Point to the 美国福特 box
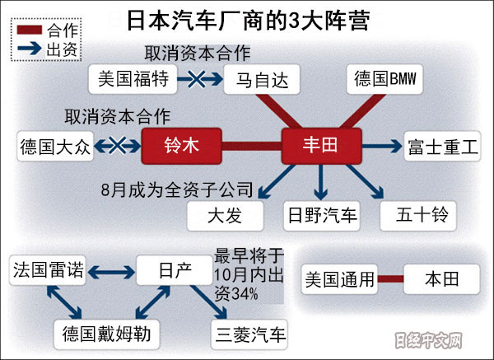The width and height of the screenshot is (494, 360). (x=131, y=80)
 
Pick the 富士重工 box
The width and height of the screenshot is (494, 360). (x=442, y=147)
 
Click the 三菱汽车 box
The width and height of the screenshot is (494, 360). (x=249, y=334)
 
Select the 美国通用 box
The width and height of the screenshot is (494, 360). (x=338, y=279)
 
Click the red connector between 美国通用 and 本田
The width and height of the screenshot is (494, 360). (x=389, y=279)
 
